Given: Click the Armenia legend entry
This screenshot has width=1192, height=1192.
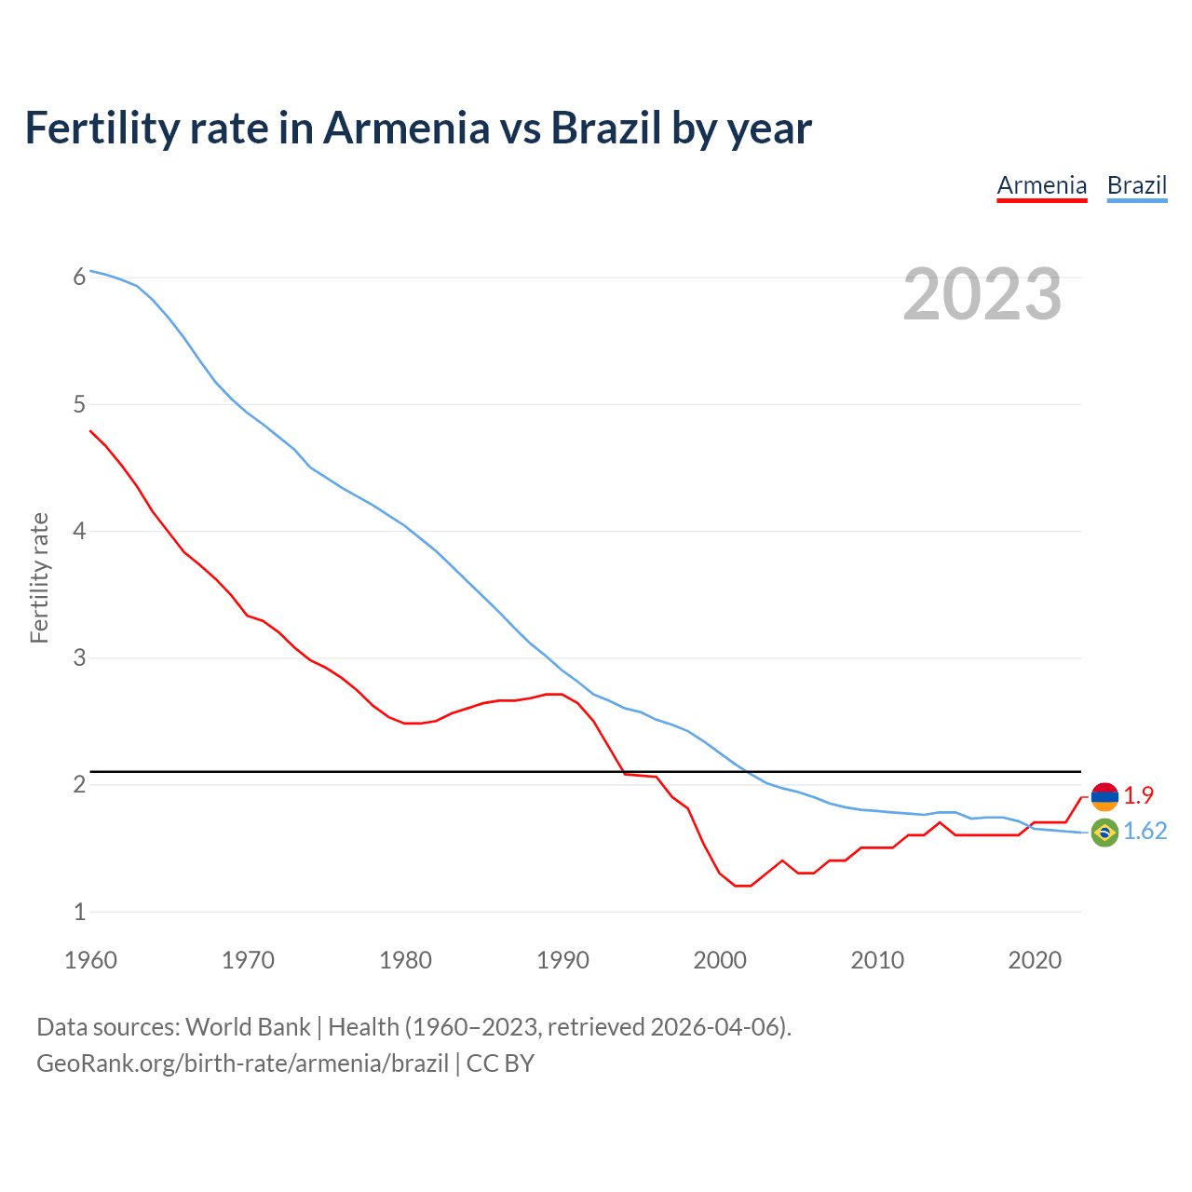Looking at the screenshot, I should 1041,185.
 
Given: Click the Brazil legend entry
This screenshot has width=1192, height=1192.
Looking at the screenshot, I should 1136,185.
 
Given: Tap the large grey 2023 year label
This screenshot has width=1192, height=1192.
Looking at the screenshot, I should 982,294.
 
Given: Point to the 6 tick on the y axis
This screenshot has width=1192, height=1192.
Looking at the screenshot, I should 79,277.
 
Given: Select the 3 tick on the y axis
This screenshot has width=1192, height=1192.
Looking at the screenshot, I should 79,657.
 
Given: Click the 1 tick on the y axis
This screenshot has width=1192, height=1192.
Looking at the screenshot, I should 79,912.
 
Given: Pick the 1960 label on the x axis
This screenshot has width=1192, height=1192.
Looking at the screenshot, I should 90,960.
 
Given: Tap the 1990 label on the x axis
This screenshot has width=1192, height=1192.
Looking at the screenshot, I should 562,960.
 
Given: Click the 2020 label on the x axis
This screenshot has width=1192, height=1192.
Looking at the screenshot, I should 1035,960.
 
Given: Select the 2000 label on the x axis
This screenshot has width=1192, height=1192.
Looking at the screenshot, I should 720,960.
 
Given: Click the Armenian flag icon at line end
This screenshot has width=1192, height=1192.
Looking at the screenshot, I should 1104,796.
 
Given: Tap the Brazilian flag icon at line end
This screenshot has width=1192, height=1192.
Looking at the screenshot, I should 1104,833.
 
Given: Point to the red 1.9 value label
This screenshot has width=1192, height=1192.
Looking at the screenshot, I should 1138,795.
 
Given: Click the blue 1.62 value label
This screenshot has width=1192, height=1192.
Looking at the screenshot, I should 1145,832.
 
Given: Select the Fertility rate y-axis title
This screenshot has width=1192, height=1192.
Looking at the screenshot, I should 39,577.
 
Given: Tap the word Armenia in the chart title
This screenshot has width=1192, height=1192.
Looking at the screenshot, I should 405,128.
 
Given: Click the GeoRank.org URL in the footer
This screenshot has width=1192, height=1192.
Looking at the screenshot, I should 242,1063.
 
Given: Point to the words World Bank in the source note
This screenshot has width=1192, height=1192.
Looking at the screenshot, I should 248,1027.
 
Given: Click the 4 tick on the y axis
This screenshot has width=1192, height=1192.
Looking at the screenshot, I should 79,531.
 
